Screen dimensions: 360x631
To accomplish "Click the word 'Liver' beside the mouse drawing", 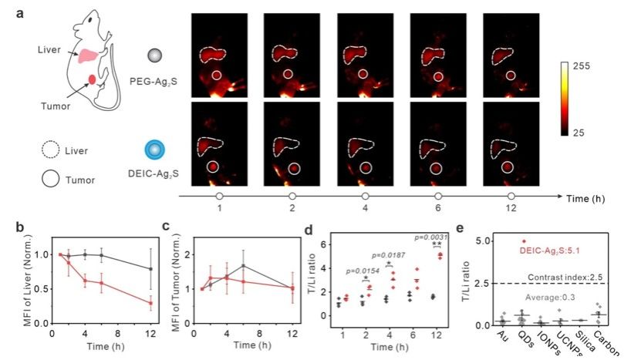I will tap(49, 49).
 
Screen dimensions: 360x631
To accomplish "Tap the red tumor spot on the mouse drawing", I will tap(93, 79).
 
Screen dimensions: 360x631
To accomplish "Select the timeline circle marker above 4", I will tap(366, 197).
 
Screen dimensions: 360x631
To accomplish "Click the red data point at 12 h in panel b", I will tap(150, 303).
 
